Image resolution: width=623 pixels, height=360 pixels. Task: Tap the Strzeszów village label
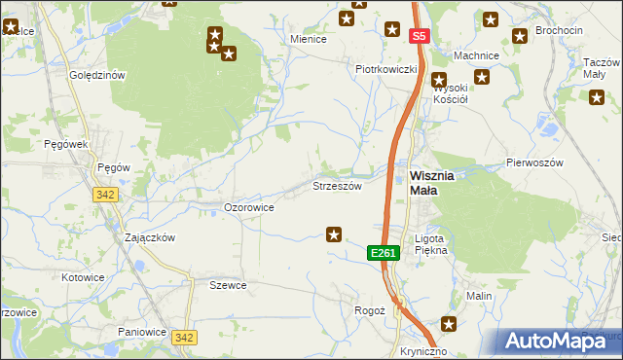click(x=337, y=185)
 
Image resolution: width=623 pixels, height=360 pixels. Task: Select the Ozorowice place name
click(x=248, y=207)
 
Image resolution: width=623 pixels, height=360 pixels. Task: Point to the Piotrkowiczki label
click(x=386, y=69)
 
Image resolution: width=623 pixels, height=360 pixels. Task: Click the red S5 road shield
click(x=419, y=36)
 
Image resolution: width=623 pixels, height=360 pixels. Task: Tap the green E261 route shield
click(x=383, y=253)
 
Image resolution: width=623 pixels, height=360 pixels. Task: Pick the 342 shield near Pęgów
click(x=106, y=195)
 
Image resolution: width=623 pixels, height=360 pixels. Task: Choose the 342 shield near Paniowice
click(x=184, y=337)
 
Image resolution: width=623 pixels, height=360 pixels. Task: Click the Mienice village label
click(x=309, y=40)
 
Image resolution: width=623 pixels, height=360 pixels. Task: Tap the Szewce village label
click(x=228, y=285)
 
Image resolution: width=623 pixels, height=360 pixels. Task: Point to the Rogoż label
click(x=370, y=310)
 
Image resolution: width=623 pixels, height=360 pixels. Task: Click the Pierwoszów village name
click(x=534, y=163)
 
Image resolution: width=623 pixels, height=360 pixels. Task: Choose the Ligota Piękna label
click(x=430, y=244)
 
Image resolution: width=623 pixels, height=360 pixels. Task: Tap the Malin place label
click(x=478, y=296)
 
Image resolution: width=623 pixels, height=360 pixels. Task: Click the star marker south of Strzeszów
click(x=334, y=234)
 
